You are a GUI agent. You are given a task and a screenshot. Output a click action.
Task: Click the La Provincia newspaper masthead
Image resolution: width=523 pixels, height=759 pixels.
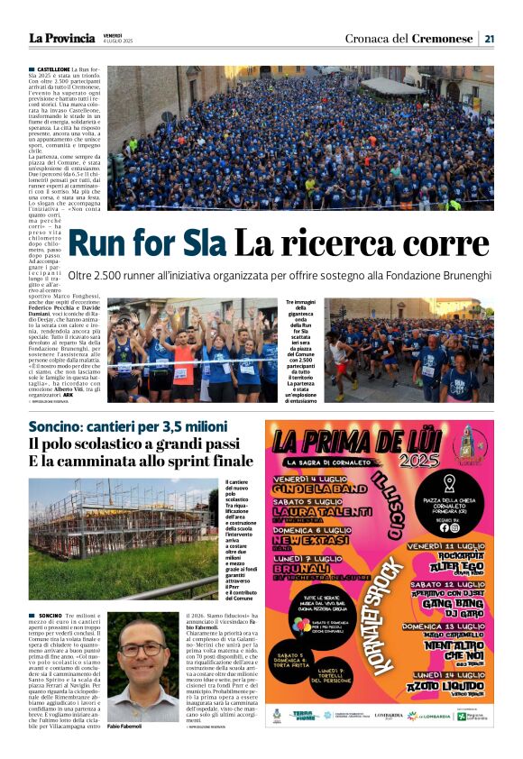pyautogui.click(x=61, y=38)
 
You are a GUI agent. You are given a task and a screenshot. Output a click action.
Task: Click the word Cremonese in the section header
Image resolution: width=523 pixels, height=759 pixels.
pyautogui.click(x=443, y=38)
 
